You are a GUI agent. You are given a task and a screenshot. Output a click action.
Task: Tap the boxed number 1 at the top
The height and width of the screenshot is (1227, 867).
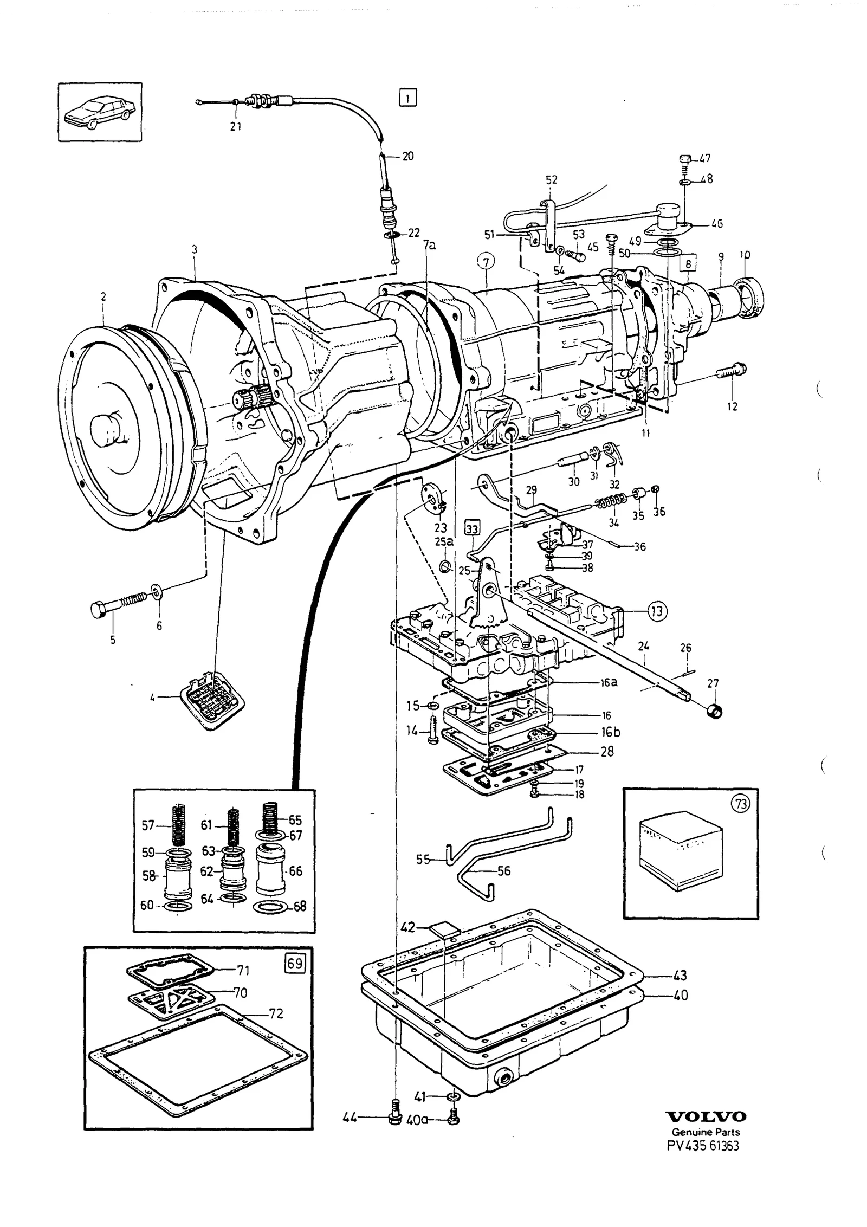pos(407,98)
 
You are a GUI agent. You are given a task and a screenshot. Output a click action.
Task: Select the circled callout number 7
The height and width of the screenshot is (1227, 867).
pos(486,262)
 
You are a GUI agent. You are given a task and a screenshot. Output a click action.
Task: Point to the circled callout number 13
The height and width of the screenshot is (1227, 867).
pos(657,611)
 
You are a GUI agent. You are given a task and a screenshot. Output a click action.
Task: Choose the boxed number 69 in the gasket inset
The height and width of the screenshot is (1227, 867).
pos(295,963)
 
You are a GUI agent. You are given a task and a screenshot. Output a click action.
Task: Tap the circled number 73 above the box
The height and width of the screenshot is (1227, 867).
pos(740,805)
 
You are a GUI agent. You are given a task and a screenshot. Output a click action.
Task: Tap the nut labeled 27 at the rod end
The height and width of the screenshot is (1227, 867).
pos(715,709)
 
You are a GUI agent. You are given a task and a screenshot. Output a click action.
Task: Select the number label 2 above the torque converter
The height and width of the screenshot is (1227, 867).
pos(103,297)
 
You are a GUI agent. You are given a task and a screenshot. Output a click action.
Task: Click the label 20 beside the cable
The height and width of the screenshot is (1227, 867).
pos(408,156)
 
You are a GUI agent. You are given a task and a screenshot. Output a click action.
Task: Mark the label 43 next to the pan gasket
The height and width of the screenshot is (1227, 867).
pos(680,976)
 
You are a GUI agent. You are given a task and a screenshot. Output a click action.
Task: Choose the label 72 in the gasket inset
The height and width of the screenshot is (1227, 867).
pos(276,1013)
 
